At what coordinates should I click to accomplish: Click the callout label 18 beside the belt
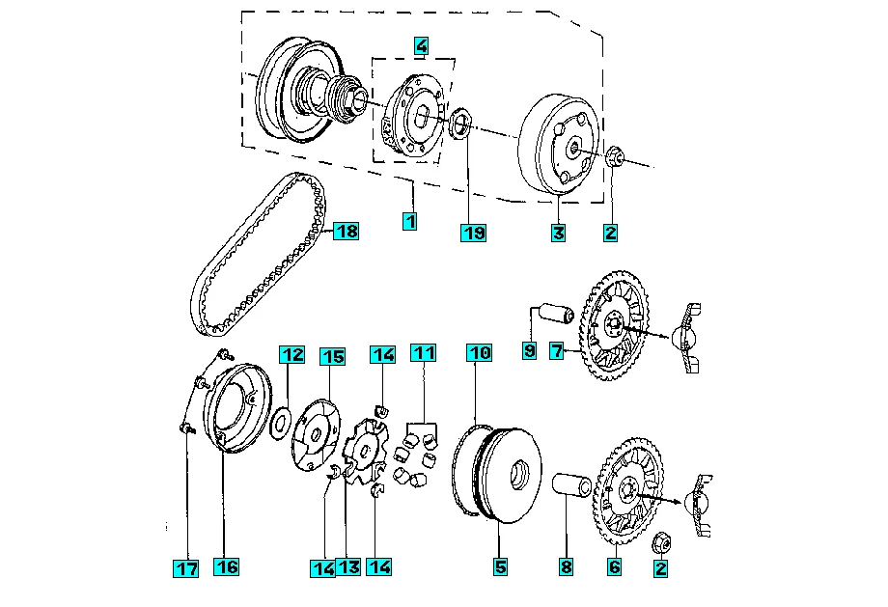tap(346, 231)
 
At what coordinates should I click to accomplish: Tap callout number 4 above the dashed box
tap(421, 45)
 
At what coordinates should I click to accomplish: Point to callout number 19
tap(473, 233)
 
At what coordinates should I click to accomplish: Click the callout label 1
tap(410, 221)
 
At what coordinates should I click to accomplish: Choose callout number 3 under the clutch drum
tap(558, 233)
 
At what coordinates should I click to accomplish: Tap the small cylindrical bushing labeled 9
tap(552, 316)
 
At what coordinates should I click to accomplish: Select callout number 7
tap(557, 352)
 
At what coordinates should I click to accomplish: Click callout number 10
tap(480, 353)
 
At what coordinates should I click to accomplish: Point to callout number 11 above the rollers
tap(422, 353)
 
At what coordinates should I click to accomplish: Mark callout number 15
tap(332, 356)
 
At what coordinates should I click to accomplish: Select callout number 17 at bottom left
tap(185, 568)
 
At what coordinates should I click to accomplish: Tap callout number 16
tap(226, 566)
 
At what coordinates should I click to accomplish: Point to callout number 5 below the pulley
tap(500, 567)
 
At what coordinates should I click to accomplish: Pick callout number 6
tap(614, 567)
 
